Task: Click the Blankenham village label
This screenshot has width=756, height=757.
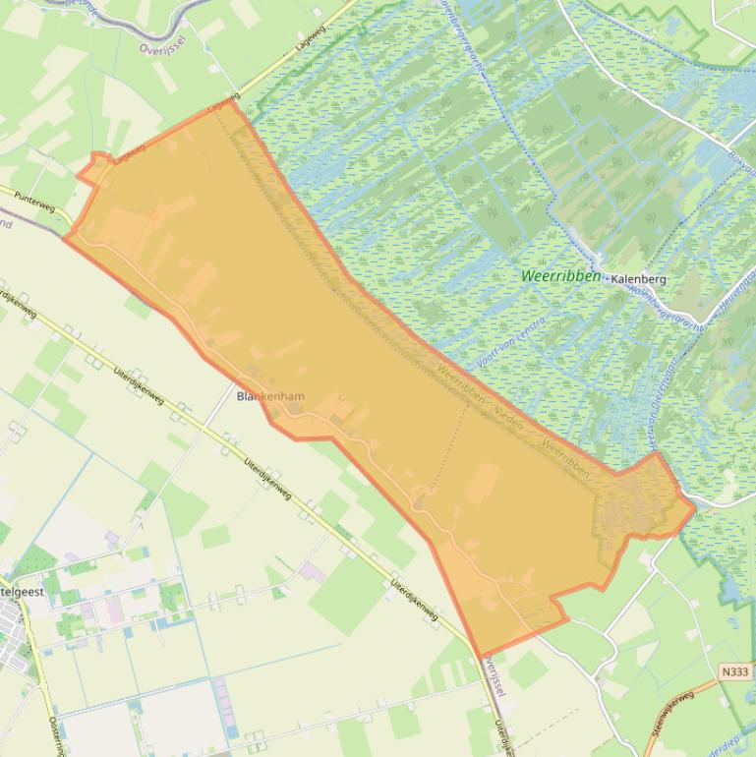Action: (x=270, y=396)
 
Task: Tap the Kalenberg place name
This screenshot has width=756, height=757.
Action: (x=638, y=279)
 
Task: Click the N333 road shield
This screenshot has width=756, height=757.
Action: (x=733, y=672)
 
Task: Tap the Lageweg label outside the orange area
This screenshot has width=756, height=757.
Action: (x=310, y=44)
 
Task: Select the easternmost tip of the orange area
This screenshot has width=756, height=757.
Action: (x=694, y=507)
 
